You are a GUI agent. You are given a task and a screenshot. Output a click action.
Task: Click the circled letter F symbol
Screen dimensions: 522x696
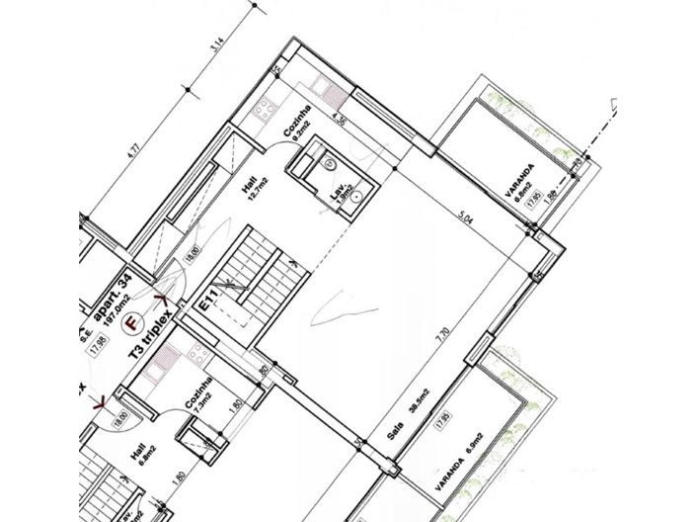point(131,321)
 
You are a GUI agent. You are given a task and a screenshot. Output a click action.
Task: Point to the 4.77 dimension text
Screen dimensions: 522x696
point(137,159)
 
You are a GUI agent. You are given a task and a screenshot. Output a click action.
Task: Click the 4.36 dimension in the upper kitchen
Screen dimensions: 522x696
point(343,123)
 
